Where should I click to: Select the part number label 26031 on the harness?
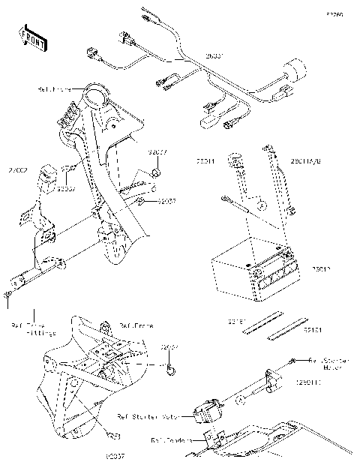pos(215,56)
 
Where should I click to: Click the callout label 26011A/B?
pos(305,161)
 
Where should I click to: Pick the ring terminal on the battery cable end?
pos(225,198)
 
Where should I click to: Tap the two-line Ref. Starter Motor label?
pos(329,364)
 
